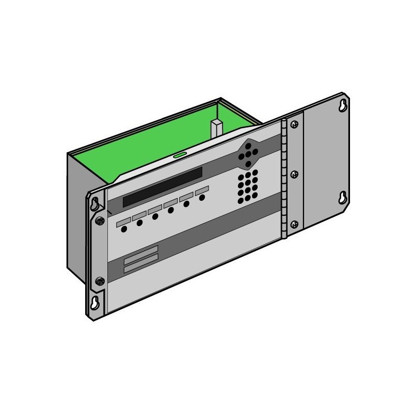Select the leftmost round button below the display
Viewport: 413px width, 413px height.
124,229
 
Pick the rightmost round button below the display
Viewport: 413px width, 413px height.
202,197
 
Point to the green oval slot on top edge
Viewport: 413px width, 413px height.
179,154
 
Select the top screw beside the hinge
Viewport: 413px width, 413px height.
294,124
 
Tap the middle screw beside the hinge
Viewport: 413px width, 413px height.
294,174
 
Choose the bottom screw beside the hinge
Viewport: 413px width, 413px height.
294,224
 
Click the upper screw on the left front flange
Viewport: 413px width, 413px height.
99,221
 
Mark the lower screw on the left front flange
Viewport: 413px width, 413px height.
100,281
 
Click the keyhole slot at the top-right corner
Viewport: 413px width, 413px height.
342,106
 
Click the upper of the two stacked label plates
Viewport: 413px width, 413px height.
141,251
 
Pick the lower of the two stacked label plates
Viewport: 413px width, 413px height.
141,262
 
